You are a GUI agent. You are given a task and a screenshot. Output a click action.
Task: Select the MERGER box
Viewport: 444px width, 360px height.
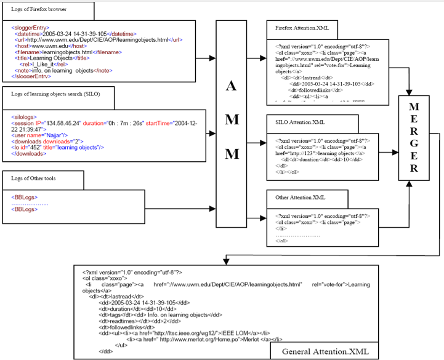pyautogui.click(x=414, y=138)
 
